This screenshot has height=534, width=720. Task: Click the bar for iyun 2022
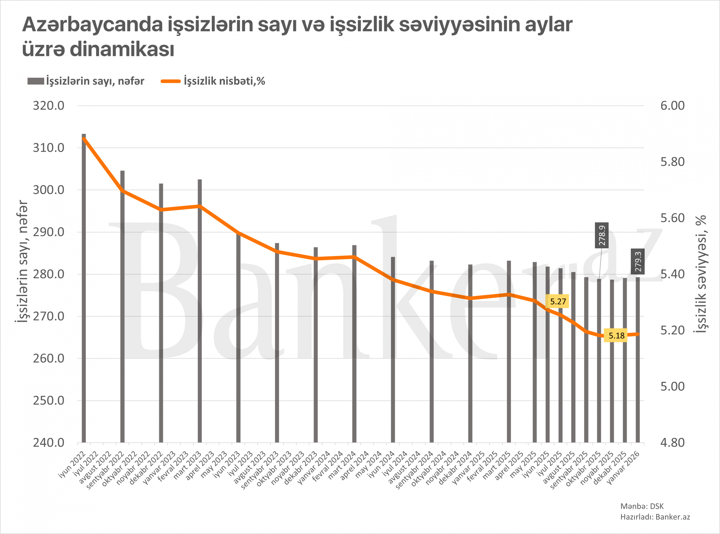pos(84,288)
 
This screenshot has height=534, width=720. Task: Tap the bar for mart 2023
pos(200,310)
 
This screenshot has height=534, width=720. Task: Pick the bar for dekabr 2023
pos(316,345)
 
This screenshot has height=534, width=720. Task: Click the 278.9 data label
pos(602,235)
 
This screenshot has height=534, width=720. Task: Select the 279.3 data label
pos(638,262)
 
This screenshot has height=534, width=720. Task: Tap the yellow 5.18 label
pos(616,335)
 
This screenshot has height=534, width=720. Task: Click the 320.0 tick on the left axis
pos(49,106)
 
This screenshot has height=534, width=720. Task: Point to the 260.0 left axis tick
pos(49,358)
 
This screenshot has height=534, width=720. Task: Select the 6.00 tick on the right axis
pos(672,106)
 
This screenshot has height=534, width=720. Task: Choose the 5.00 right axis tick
pos(672,386)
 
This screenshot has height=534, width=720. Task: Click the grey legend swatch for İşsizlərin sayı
pos(36,81)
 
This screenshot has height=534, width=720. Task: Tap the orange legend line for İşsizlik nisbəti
pos(170,81)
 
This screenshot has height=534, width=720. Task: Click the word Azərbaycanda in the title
pos(92,24)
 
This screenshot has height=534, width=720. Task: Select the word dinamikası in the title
pos(122,49)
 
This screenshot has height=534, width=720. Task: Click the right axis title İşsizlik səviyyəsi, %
pos(701,274)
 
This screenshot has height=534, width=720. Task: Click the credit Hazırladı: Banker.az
pos(655,517)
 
